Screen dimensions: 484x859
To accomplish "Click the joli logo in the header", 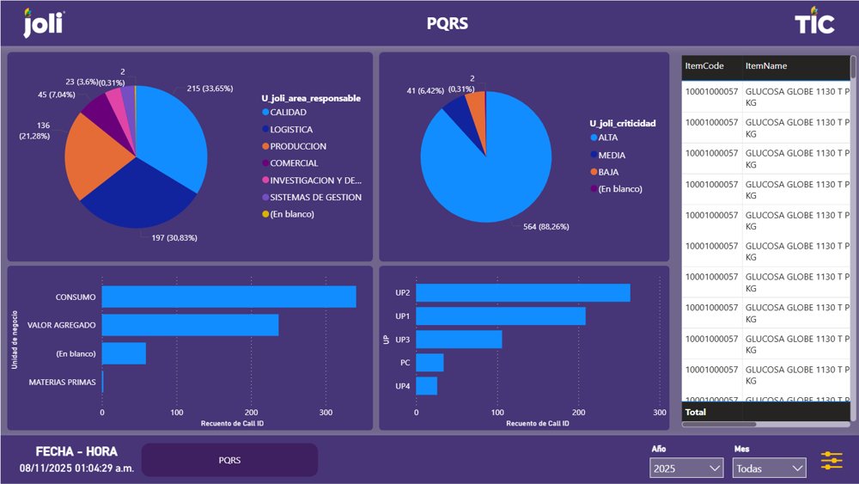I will [42, 23].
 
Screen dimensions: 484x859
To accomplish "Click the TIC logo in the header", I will [813, 23].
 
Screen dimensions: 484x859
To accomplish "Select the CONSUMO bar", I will [228, 297].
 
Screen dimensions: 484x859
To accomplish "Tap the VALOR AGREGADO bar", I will [190, 325].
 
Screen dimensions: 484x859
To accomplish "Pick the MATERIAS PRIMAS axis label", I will [63, 382].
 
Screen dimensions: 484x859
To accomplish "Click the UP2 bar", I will [522, 293].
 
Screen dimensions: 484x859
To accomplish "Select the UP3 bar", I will [459, 340].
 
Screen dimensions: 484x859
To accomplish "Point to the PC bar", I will [429, 363].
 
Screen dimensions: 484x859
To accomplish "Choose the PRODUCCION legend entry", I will [297, 146].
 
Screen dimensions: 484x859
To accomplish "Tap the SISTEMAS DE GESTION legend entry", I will [315, 197].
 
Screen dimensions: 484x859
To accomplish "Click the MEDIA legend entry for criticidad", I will [612, 156].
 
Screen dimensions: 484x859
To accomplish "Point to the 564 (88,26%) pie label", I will [545, 227].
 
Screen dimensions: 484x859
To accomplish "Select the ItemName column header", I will [766, 66].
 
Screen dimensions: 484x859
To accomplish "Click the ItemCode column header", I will [704, 66].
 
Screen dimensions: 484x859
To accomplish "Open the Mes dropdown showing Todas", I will [769, 469].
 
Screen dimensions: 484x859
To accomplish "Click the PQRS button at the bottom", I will [229, 460].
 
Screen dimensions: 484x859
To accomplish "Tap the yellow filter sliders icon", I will [832, 461].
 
